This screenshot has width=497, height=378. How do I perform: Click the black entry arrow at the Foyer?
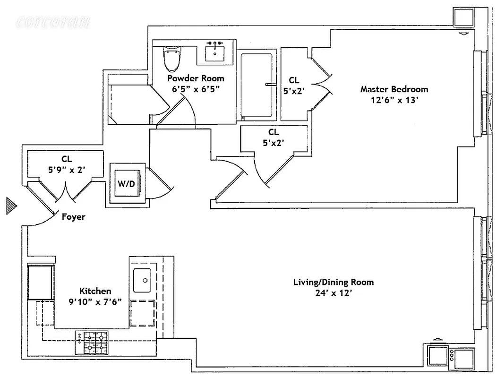click(x=11, y=206)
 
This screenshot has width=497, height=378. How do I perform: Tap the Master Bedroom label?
click(x=394, y=89)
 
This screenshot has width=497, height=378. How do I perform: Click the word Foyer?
click(x=74, y=217)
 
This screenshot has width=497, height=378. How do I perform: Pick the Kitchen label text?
click(x=95, y=291)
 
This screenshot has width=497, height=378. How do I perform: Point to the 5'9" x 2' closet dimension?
click(x=66, y=171)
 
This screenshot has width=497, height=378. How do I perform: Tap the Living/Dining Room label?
click(x=333, y=282)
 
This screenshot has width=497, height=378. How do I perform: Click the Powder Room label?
click(x=196, y=78)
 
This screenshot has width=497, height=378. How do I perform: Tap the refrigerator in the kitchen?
click(x=40, y=282)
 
